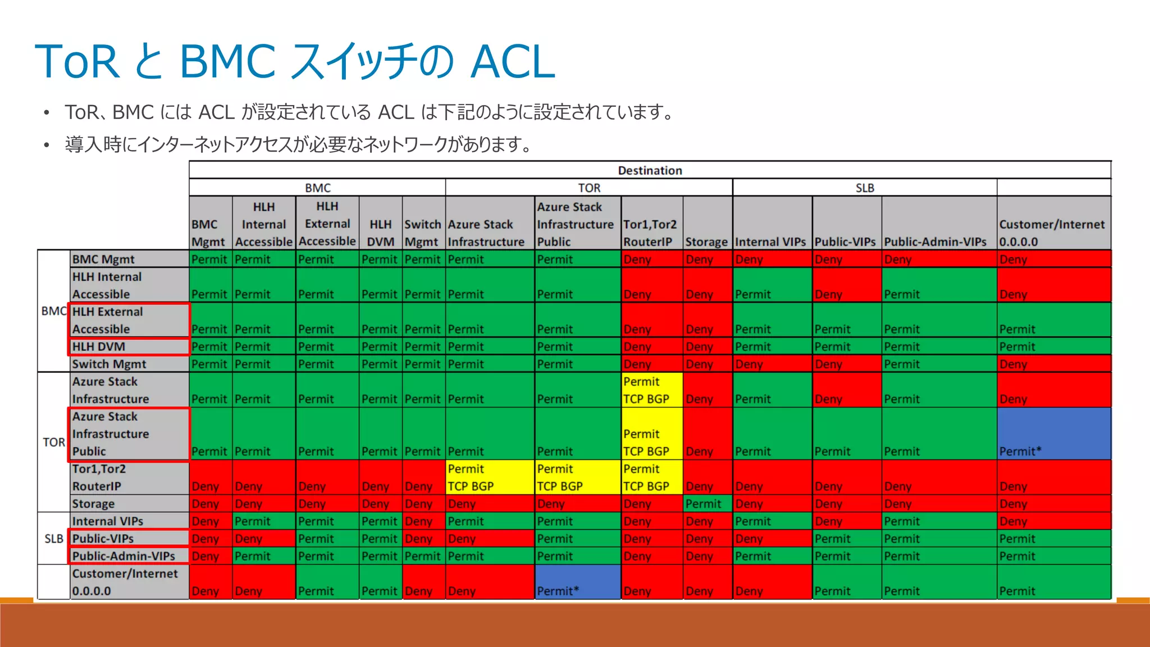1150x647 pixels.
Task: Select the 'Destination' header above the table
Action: point(650,170)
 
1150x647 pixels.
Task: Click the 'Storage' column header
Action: point(706,242)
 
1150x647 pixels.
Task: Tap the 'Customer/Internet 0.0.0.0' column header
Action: point(1051,233)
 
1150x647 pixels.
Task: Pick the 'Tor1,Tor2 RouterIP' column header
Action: point(650,233)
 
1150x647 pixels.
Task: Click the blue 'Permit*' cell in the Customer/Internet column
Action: point(1053,434)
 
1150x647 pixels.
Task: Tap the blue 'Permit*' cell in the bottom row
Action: point(578,582)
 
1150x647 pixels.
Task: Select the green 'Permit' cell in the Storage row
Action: point(707,504)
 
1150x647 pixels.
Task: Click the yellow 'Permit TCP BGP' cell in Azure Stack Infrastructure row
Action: point(651,390)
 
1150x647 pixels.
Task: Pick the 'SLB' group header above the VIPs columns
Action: point(865,188)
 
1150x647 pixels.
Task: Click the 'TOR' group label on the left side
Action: point(54,442)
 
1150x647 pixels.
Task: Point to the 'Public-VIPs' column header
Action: point(845,242)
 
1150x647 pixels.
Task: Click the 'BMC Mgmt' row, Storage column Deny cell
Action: point(707,259)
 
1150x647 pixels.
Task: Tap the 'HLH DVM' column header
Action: point(380,233)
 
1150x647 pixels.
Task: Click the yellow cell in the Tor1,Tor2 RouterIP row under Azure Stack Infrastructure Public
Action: point(578,477)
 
